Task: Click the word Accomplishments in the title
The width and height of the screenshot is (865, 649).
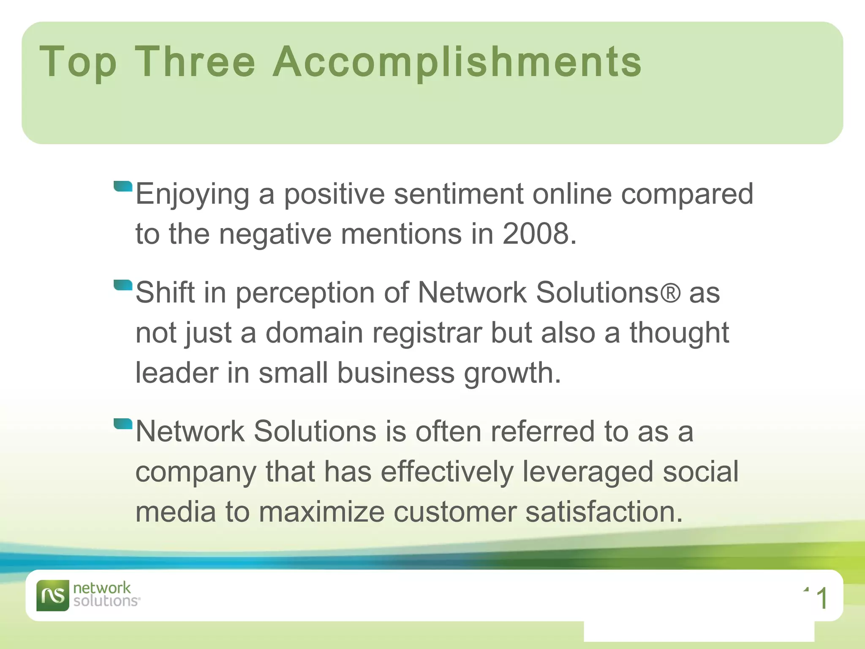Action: [x=457, y=62]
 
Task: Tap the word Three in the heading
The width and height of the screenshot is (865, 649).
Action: [x=195, y=62]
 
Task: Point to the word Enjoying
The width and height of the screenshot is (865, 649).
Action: [x=192, y=194]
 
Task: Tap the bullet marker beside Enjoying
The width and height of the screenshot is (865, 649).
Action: [x=123, y=186]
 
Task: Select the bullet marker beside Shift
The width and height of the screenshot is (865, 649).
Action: [x=123, y=285]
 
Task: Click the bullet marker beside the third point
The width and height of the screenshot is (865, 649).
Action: [x=123, y=423]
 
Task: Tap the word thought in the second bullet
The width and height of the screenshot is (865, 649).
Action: [x=679, y=333]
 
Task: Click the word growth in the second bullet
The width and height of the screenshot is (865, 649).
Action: [x=512, y=373]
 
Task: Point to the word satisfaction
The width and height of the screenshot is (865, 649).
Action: [x=604, y=512]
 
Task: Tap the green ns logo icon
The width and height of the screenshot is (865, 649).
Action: [x=53, y=595]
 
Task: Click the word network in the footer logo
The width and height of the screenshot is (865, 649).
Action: [x=102, y=588]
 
